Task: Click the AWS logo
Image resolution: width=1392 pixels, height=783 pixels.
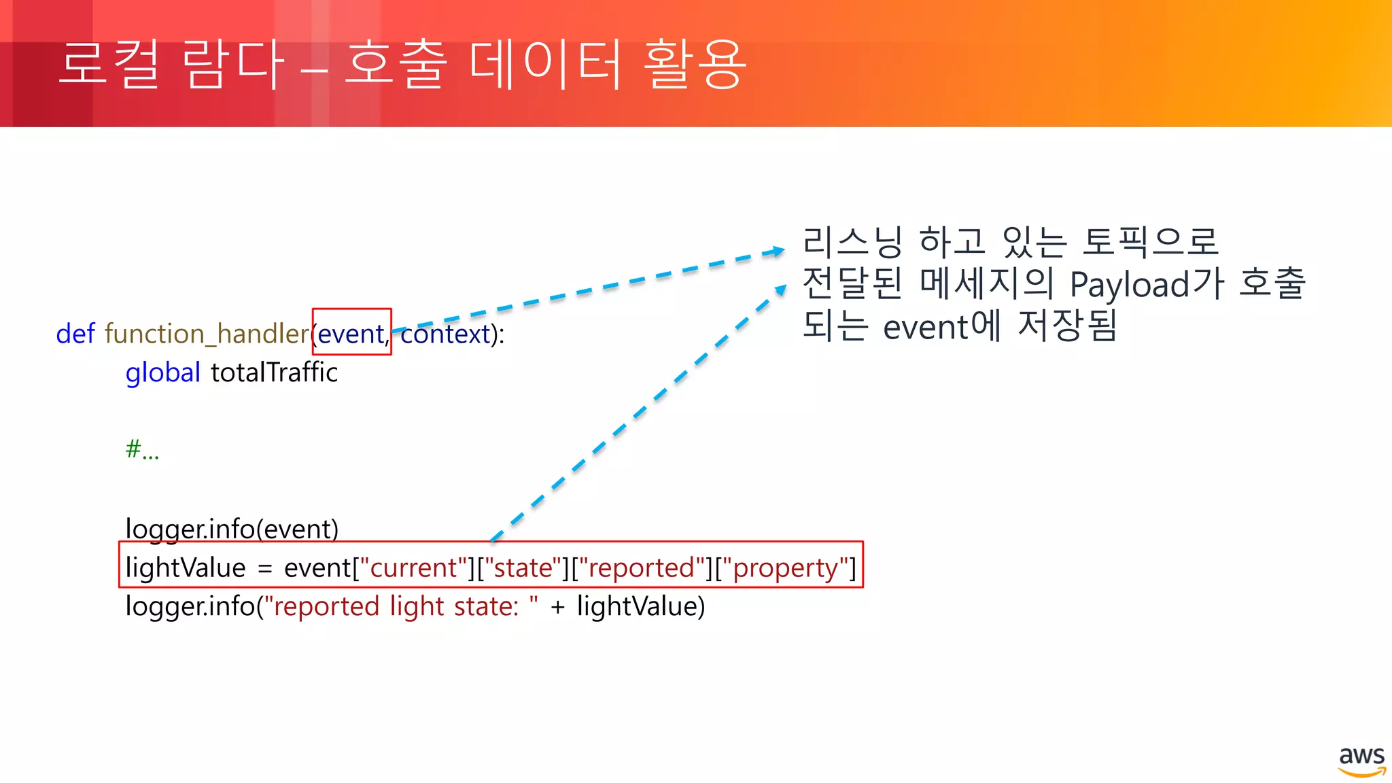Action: coord(1361,761)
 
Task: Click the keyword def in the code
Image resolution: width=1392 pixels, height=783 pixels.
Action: coord(75,334)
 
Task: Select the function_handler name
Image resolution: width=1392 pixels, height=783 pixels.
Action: coord(207,334)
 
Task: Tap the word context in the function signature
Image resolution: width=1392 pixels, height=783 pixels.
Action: coord(445,334)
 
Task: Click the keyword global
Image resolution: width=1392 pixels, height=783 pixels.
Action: coord(162,373)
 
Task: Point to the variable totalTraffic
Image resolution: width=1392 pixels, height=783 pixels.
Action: coord(274,372)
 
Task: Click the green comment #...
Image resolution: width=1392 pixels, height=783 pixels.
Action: coord(141,449)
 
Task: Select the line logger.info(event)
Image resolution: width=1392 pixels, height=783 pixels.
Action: coord(232,529)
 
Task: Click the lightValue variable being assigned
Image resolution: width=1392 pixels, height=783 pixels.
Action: coord(186,568)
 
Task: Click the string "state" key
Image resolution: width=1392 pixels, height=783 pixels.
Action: coord(523,568)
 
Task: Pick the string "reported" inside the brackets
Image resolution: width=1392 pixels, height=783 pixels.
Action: coord(640,568)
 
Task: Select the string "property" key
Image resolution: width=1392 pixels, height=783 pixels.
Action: coord(786,568)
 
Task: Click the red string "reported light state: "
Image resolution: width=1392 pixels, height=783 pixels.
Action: coord(402,606)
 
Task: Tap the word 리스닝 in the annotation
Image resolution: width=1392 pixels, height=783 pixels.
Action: coord(852,242)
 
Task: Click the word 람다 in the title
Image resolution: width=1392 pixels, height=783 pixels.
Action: coord(233,65)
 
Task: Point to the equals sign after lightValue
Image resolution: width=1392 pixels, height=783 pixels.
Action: coord(265,569)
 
